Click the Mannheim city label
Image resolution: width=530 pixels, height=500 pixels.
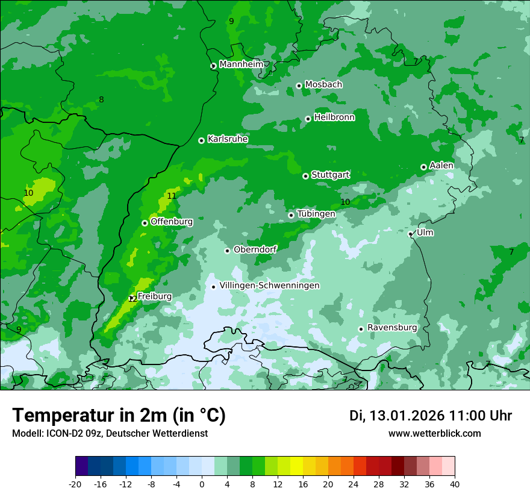tap(241, 64)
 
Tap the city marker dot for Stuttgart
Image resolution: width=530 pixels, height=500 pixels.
tap(305, 176)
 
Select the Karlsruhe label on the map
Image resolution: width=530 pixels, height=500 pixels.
tap(227, 139)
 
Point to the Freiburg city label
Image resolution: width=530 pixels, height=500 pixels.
tap(154, 296)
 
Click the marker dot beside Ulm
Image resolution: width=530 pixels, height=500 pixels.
tap(411, 234)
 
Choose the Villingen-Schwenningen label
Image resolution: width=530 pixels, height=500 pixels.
tap(269, 286)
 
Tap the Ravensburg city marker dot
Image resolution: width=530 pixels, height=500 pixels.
tap(361, 329)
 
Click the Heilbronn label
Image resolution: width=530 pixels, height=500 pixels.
tap(334, 117)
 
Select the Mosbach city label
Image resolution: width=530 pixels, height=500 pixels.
tap(323, 84)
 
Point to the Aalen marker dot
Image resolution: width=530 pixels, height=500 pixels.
tap(423, 167)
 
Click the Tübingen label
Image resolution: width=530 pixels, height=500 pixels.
tap(316, 214)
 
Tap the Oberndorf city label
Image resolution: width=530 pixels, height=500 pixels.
tap(255, 249)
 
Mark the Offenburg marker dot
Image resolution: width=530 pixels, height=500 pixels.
tap(145, 223)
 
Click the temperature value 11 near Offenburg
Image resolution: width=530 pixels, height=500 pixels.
tap(172, 196)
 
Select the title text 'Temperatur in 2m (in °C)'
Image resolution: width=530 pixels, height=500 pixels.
tap(119, 416)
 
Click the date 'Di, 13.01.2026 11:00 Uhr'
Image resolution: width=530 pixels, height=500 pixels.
tap(431, 416)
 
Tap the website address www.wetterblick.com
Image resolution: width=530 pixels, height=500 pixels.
tap(434, 433)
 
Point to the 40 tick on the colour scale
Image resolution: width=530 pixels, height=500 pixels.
tap(454, 484)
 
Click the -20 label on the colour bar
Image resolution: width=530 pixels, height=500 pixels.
tap(75, 484)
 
